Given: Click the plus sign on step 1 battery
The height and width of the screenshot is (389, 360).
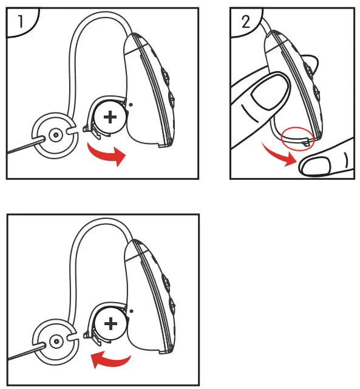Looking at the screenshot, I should pyautogui.click(x=110, y=116).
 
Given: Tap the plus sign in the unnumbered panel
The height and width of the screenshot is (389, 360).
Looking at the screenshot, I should pyautogui.click(x=110, y=323).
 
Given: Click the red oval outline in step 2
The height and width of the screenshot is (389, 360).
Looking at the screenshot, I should pyautogui.click(x=297, y=136).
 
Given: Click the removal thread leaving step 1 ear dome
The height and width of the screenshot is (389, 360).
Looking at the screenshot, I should pyautogui.click(x=21, y=145).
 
